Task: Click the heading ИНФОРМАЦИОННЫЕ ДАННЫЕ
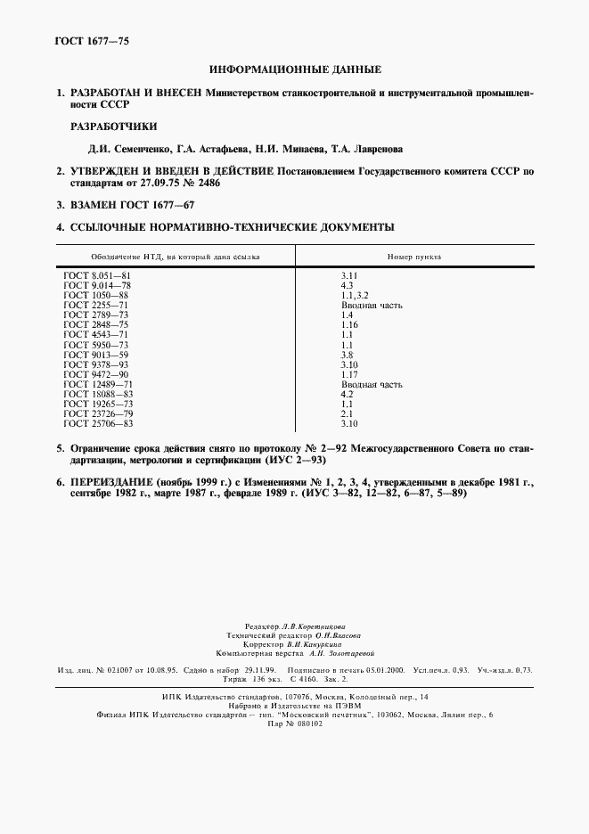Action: [295, 69]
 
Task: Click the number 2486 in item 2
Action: [204, 183]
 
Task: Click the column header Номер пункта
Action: [413, 257]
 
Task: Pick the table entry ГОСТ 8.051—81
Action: [96, 278]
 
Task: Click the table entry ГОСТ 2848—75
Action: [96, 325]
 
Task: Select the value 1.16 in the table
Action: [350, 325]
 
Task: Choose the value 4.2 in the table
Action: [348, 393]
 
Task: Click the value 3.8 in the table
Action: [348, 355]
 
